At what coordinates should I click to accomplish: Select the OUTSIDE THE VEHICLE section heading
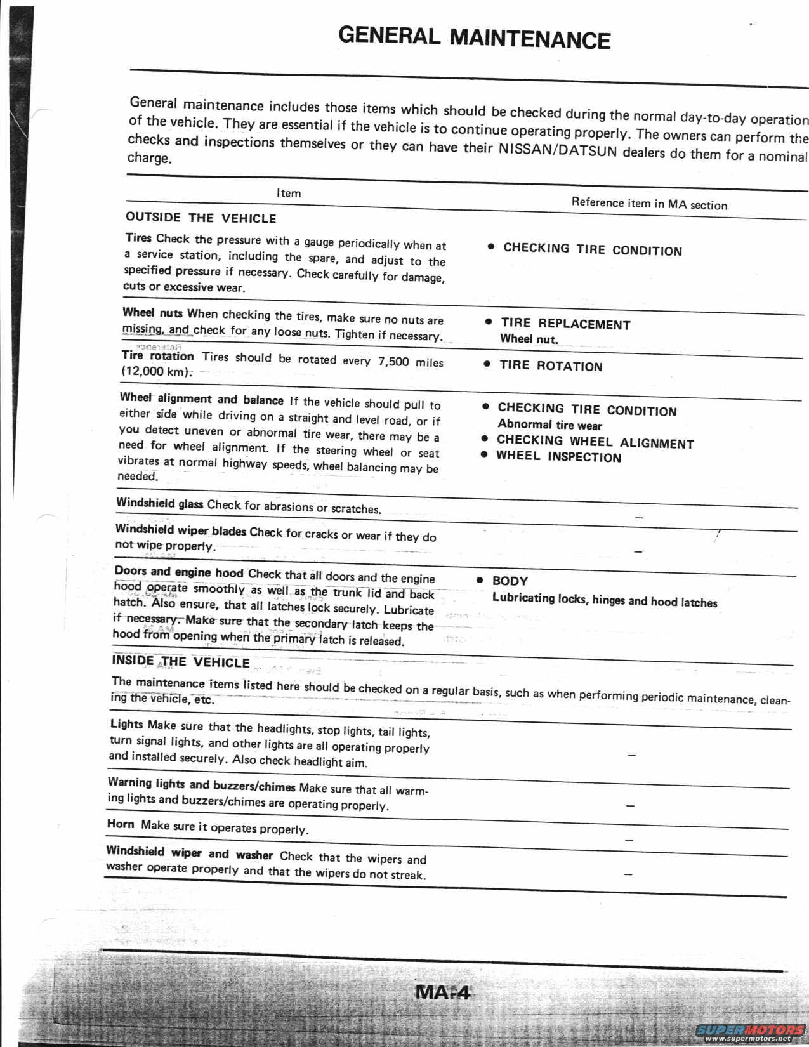pyautogui.click(x=201, y=218)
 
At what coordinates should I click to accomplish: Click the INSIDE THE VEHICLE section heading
pyautogui.click(x=181, y=661)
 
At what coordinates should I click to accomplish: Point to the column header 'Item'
pyautogui.click(x=289, y=193)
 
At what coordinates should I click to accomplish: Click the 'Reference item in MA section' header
pyautogui.click(x=649, y=204)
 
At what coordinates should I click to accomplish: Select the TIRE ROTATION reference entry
pyautogui.click(x=550, y=365)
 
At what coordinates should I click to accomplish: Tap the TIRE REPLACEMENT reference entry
pyautogui.click(x=565, y=324)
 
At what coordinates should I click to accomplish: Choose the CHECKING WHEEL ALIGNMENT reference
pyautogui.click(x=595, y=442)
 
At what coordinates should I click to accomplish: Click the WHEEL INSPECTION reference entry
pyautogui.click(x=558, y=457)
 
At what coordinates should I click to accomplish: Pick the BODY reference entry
pyautogui.click(x=510, y=581)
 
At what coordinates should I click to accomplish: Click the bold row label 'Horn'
pyautogui.click(x=121, y=824)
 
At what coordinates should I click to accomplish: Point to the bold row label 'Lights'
pyautogui.click(x=127, y=724)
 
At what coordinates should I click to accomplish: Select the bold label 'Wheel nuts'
pyautogui.click(x=152, y=312)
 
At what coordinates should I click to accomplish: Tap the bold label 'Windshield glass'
pyautogui.click(x=159, y=503)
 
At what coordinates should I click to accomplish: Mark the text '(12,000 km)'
pyautogui.click(x=155, y=372)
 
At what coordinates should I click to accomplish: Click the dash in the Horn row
pyautogui.click(x=629, y=839)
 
